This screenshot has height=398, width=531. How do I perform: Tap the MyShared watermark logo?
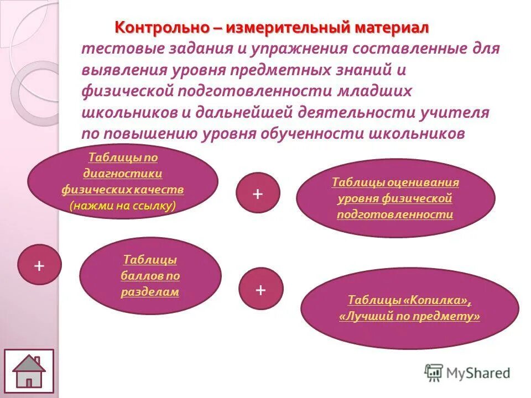pyautogui.click(x=467, y=373)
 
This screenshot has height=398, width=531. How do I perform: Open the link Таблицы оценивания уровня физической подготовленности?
pyautogui.click(x=395, y=198)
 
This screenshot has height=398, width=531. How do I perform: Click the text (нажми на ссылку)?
pyautogui.click(x=123, y=206)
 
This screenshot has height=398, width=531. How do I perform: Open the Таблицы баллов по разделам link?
pyautogui.click(x=150, y=275)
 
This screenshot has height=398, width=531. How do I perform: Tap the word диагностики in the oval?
pyautogui.click(x=123, y=174)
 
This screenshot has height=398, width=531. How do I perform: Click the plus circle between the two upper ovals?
pyautogui.click(x=258, y=193)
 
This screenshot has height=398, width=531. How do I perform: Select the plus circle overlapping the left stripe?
pyautogui.click(x=39, y=265)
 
